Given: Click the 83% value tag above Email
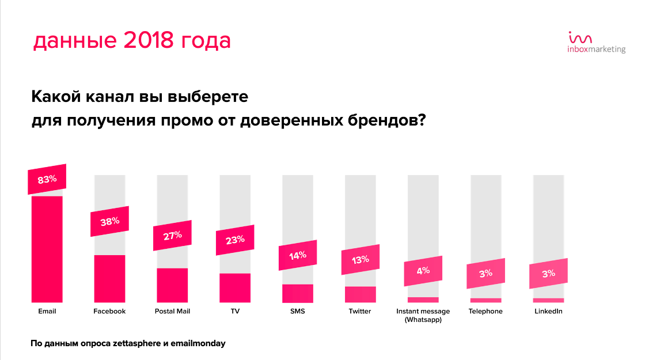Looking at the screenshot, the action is pyautogui.click(x=47, y=179).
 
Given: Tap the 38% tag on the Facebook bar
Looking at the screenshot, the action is pyautogui.click(x=109, y=221).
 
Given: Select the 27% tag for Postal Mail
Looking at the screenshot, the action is pyautogui.click(x=172, y=236).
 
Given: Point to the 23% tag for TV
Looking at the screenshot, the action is pyautogui.click(x=235, y=240).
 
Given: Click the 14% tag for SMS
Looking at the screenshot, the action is pyautogui.click(x=298, y=255).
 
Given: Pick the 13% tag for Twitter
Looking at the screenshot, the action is pyautogui.click(x=361, y=260).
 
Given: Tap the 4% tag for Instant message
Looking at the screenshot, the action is pyautogui.click(x=423, y=271).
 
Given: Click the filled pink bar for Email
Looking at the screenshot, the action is pyautogui.click(x=47, y=249).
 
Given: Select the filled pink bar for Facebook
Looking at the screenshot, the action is pyautogui.click(x=109, y=279).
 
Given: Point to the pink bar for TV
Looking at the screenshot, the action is pyautogui.click(x=235, y=288).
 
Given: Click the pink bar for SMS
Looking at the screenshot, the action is pyautogui.click(x=298, y=293).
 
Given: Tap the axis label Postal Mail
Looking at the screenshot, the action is pyautogui.click(x=172, y=311).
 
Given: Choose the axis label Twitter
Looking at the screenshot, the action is pyautogui.click(x=360, y=311).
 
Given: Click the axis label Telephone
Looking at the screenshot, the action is pyautogui.click(x=485, y=312).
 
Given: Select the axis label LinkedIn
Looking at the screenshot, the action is pyautogui.click(x=548, y=311).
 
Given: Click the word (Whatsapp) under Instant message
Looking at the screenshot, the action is pyautogui.click(x=423, y=320).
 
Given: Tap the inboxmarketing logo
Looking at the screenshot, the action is pyautogui.click(x=597, y=43).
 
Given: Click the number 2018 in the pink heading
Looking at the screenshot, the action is pyautogui.click(x=149, y=40).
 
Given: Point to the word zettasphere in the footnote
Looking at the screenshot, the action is pyautogui.click(x=136, y=343).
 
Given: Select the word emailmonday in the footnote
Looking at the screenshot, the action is pyautogui.click(x=198, y=343).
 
